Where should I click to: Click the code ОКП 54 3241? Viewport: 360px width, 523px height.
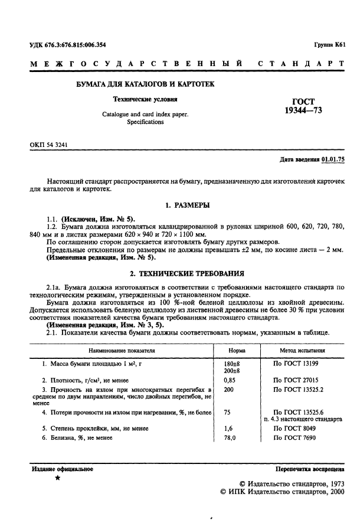point(50,144)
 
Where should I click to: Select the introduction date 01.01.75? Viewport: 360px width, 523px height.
point(333,160)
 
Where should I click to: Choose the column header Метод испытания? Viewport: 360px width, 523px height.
point(299,350)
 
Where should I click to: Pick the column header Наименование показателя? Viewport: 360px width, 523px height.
point(117,350)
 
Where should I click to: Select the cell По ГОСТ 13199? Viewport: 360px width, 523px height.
point(296,364)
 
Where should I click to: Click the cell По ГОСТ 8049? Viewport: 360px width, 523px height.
point(294,428)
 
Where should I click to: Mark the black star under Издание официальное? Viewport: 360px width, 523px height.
point(57,478)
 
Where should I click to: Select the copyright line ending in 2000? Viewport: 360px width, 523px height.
point(280,491)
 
